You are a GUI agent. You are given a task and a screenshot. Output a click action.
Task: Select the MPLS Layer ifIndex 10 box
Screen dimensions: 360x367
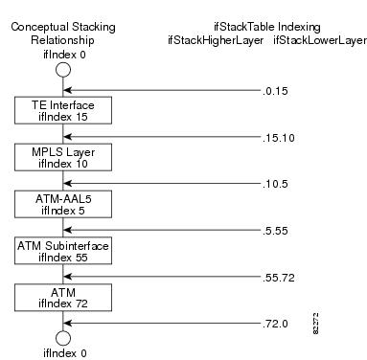click(x=63, y=156)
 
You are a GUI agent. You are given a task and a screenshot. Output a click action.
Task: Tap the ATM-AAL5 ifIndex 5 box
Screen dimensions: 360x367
click(x=63, y=202)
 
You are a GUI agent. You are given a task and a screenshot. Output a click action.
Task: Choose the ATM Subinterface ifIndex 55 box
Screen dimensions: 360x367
click(x=63, y=252)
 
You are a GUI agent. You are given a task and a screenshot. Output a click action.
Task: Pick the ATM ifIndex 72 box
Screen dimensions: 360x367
click(x=63, y=298)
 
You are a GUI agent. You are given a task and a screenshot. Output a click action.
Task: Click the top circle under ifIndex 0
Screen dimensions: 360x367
click(x=63, y=70)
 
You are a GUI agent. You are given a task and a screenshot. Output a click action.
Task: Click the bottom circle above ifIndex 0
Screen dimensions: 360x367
click(x=63, y=337)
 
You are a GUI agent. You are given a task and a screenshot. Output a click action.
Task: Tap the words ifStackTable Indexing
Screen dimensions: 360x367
click(x=265, y=28)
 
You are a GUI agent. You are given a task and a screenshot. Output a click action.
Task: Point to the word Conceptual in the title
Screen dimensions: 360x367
click(x=38, y=28)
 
